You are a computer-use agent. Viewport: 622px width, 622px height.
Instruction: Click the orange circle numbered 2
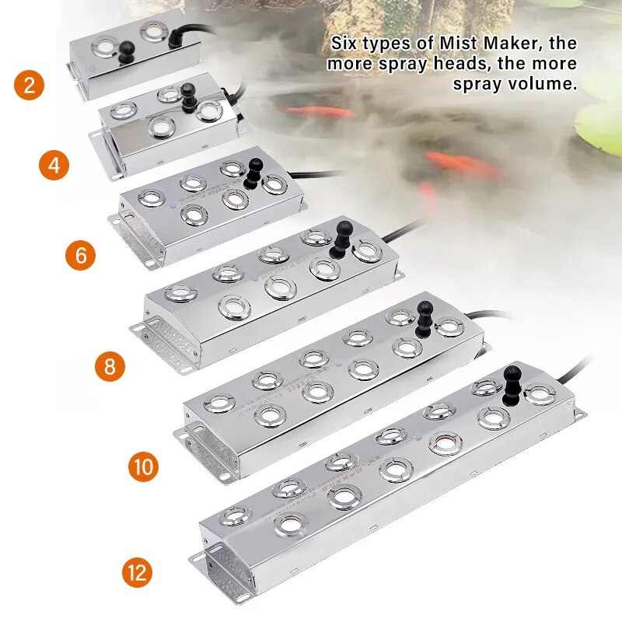29,84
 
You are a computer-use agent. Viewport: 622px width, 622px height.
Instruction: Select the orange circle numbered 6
82,255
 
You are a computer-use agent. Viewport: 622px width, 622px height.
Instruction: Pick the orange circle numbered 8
110,365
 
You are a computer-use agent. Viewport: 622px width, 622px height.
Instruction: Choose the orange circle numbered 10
143,466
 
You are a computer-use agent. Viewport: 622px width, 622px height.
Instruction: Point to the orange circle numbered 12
137,574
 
